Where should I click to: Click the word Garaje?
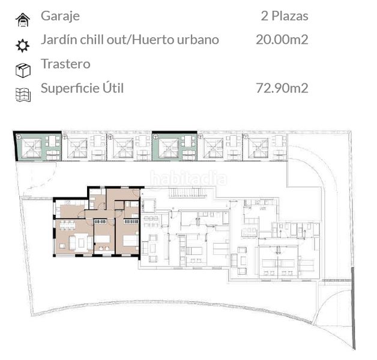tap(60, 17)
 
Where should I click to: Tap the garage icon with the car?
tap(23, 20)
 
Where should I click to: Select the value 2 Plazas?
tap(285, 16)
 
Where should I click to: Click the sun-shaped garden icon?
tap(23, 45)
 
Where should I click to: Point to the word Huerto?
tap(154, 40)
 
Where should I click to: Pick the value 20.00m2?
tap(282, 40)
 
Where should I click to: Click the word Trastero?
tap(65, 64)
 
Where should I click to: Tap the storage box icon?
tap(23, 70)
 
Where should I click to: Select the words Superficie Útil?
tap(82, 88)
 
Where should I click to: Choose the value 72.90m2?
tap(282, 88)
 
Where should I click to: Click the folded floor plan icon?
tap(23, 95)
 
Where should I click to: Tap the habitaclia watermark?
tap(188, 179)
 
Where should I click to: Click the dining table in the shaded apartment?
tap(67, 225)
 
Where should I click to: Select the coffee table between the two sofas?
tap(81, 243)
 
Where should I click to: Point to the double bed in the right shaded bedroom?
tap(130, 241)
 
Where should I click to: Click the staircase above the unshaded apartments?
tap(187, 193)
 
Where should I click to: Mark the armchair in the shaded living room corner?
tap(62, 246)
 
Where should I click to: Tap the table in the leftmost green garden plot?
tap(52, 140)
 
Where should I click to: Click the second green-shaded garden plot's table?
tap(188, 140)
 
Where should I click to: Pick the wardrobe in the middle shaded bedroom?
tap(100, 221)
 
